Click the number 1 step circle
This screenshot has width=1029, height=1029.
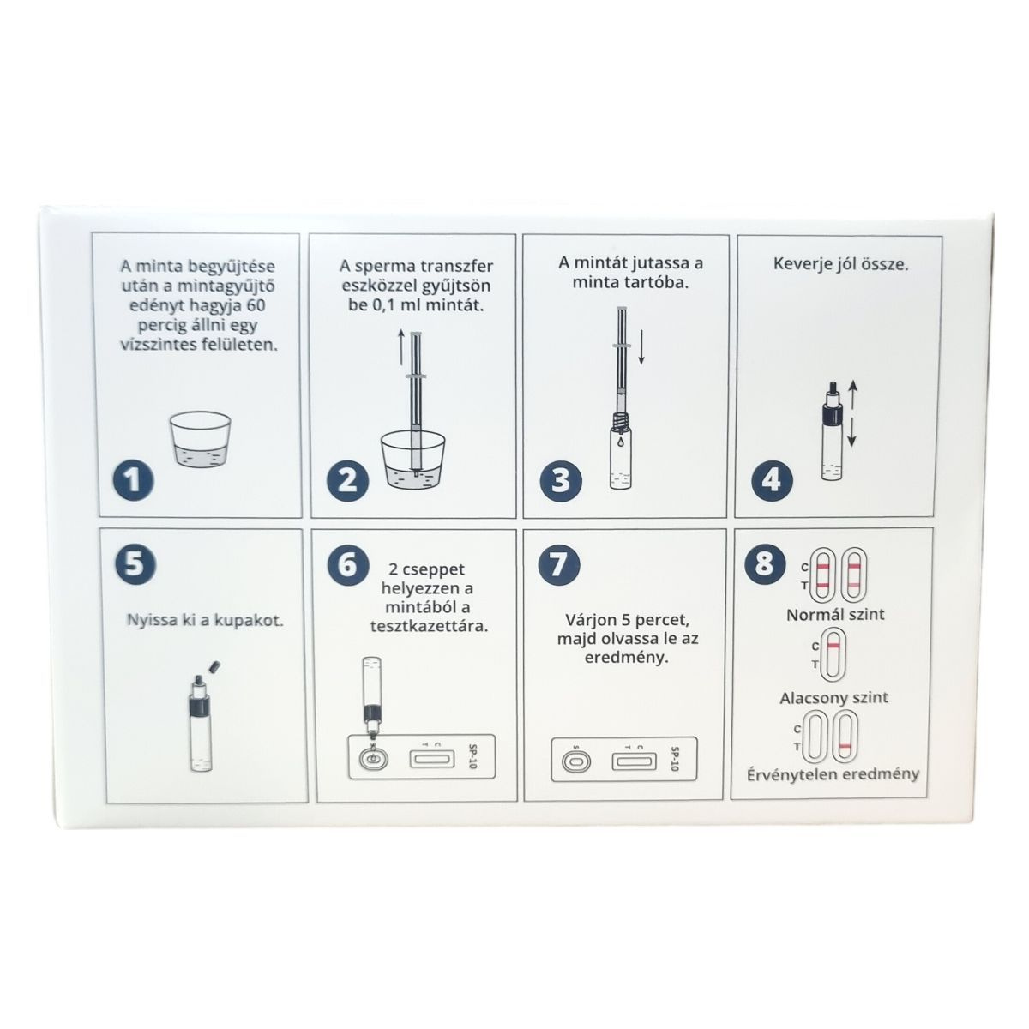133,479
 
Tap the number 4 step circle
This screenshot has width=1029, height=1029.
772,479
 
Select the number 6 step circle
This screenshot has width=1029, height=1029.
347,564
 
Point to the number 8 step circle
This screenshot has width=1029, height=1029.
764,563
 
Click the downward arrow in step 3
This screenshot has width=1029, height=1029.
641,347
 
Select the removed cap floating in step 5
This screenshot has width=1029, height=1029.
214,666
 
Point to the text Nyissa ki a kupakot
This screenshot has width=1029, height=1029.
205,621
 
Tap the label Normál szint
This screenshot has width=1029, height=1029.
835,615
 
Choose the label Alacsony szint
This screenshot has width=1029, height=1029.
833,698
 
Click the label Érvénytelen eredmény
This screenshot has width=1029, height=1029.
833,775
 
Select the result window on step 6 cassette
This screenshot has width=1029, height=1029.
432,758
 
